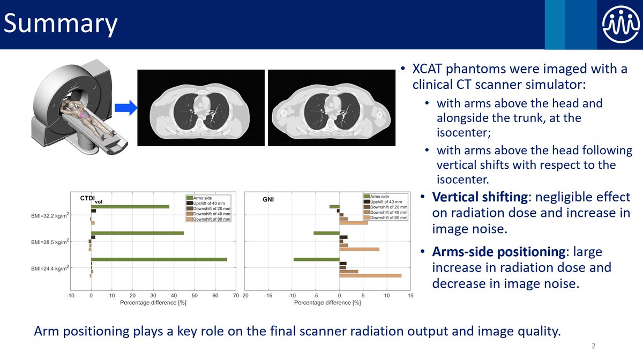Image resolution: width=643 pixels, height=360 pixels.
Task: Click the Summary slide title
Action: click(61, 25)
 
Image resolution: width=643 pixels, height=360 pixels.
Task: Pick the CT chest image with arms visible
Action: click(331, 108)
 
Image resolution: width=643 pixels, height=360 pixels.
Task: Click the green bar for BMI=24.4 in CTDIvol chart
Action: click(159, 260)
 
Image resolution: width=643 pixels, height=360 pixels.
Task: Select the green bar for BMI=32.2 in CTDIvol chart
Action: click(130, 206)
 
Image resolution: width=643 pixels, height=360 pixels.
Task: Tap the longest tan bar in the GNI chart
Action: click(370, 276)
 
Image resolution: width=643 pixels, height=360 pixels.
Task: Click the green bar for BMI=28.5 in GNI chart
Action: click(326, 233)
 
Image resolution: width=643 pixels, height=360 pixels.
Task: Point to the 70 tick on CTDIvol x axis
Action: click(236, 295)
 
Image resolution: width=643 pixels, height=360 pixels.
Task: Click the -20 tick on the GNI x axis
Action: click(245, 295)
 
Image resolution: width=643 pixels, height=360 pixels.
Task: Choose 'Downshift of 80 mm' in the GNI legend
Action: click(389, 218)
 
